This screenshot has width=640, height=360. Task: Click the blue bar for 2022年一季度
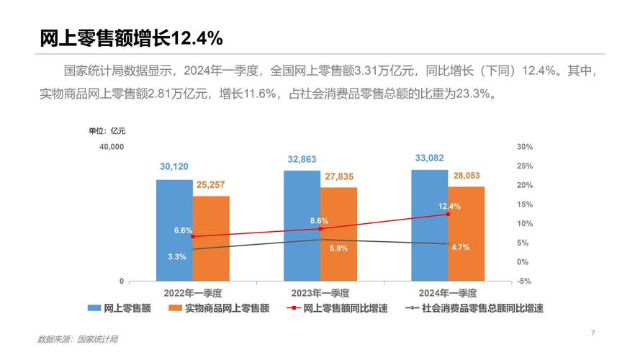coord(174,230)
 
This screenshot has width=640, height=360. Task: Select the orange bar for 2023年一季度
coord(338,234)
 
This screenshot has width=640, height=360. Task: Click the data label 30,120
coord(174,167)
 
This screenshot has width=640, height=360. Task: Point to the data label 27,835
coord(339,176)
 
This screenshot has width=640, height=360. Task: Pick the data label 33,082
coord(430,158)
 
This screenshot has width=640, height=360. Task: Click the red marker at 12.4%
coord(448,214)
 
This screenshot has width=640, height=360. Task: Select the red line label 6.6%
coord(183,230)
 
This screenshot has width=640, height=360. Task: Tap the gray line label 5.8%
coord(339,248)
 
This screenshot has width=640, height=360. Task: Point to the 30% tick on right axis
coord(524,147)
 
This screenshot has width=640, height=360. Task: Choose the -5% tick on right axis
coord(524,282)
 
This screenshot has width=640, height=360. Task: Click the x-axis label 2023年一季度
coord(320,293)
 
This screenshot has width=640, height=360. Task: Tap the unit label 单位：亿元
coord(107,130)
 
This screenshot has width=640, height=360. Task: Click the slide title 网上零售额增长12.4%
coord(132,38)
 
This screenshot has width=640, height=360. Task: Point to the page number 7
coord(592,333)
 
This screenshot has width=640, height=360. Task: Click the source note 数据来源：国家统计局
coord(78,339)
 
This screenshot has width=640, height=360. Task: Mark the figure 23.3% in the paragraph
coord(471,93)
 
